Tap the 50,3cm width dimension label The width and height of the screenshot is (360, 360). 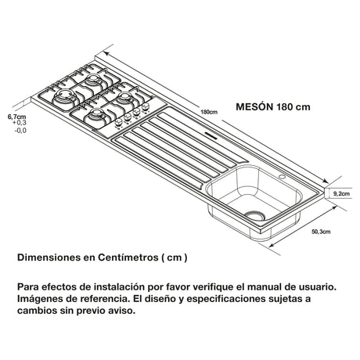tap(320, 232)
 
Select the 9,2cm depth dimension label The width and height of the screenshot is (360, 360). tap(340, 193)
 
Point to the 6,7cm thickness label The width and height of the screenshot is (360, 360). tap(16, 116)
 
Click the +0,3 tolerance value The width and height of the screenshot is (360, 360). tap(20, 123)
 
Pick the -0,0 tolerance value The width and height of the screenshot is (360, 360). tap(20, 130)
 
